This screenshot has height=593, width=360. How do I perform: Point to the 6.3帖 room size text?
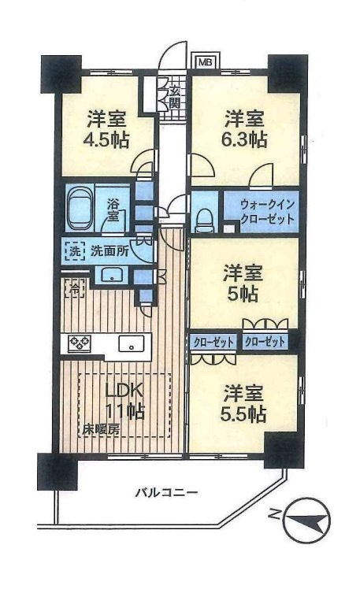245,139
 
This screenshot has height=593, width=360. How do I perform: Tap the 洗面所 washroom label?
106,253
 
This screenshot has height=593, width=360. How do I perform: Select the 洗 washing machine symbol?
72,253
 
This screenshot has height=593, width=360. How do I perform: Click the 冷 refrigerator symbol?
72,288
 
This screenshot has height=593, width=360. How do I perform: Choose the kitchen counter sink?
130,344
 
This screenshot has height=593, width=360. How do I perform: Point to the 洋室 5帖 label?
245,285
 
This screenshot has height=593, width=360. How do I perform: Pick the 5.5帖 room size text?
245,413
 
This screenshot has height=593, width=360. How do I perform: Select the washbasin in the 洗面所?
112,275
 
